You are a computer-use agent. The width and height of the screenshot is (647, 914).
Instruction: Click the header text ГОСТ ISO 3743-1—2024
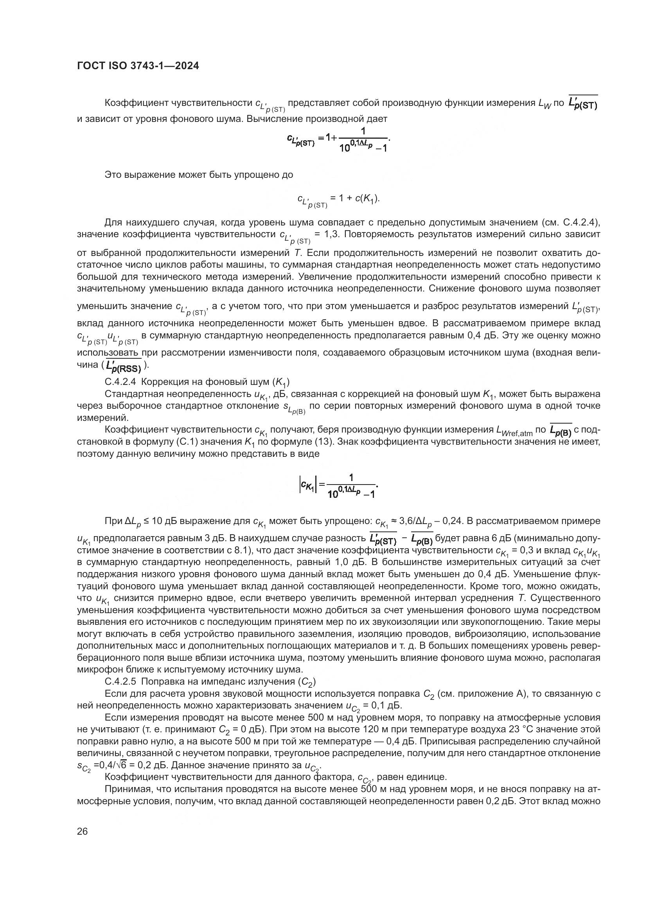click(138, 66)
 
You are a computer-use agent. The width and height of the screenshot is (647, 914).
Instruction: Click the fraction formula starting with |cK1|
click(338, 485)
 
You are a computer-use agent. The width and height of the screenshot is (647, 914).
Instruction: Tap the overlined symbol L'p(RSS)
click(124, 365)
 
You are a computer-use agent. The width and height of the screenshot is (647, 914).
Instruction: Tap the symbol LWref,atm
click(514, 430)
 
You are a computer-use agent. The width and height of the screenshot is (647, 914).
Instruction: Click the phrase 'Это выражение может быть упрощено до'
click(198, 175)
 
